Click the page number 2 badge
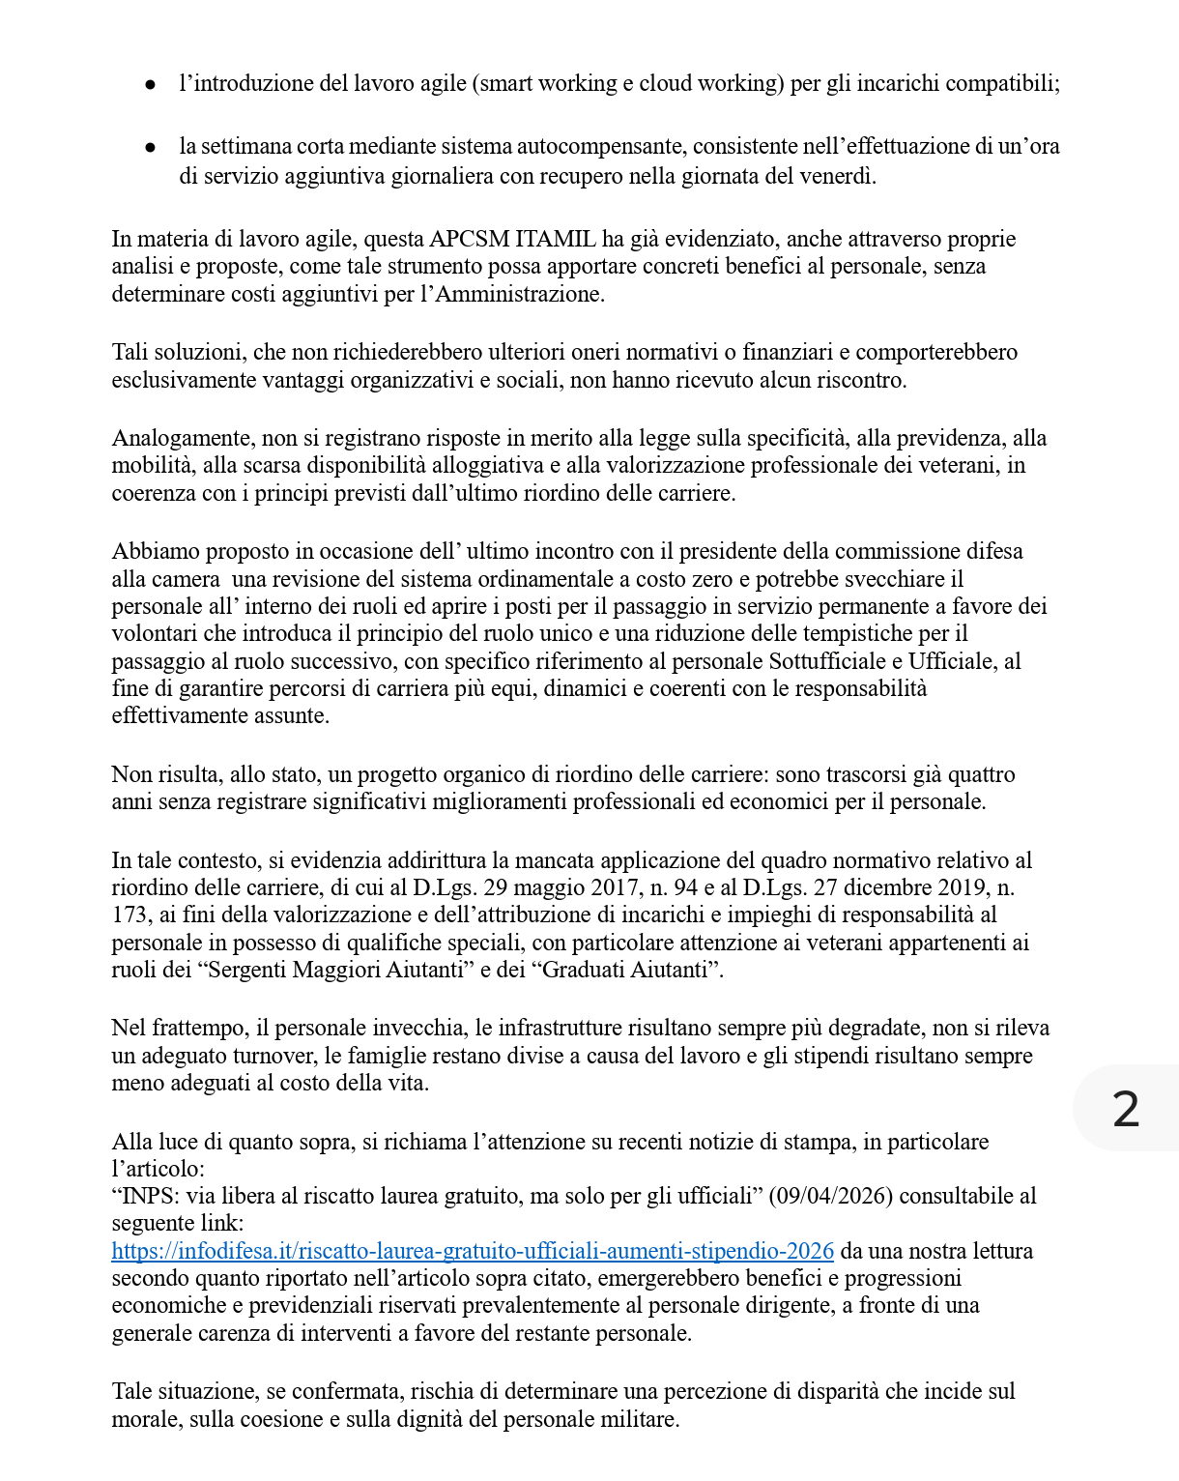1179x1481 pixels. pos(1126,1108)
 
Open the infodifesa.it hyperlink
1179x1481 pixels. pos(473,1251)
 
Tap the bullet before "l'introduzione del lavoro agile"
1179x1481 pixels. pos(150,85)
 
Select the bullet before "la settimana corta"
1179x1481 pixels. pos(150,148)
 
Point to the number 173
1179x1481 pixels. pos(129,915)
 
